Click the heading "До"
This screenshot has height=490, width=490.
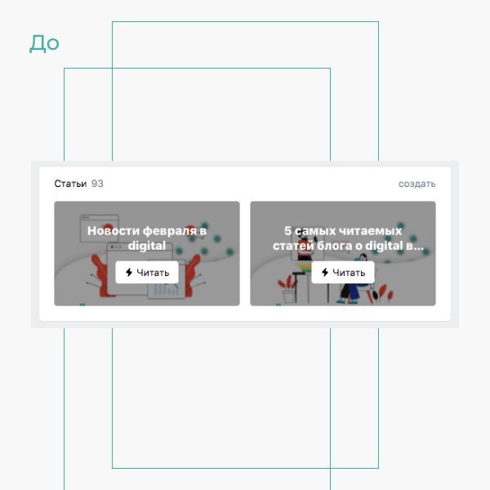tap(44, 43)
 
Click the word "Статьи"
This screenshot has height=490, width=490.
tap(70, 184)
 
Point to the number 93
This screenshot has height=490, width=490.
tap(97, 184)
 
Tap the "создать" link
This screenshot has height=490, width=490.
tap(416, 184)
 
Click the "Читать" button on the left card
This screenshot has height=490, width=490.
tap(147, 273)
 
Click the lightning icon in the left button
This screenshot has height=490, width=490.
tap(129, 273)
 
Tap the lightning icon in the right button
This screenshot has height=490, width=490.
tap(325, 273)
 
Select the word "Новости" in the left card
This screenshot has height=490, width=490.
tap(114, 231)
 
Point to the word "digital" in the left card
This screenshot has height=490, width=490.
tap(147, 246)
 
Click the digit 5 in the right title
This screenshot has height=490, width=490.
tap(287, 231)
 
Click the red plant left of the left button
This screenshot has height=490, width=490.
tap(100, 275)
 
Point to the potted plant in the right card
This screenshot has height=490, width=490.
tap(288, 289)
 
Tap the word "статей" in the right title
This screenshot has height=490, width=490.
tap(292, 246)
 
